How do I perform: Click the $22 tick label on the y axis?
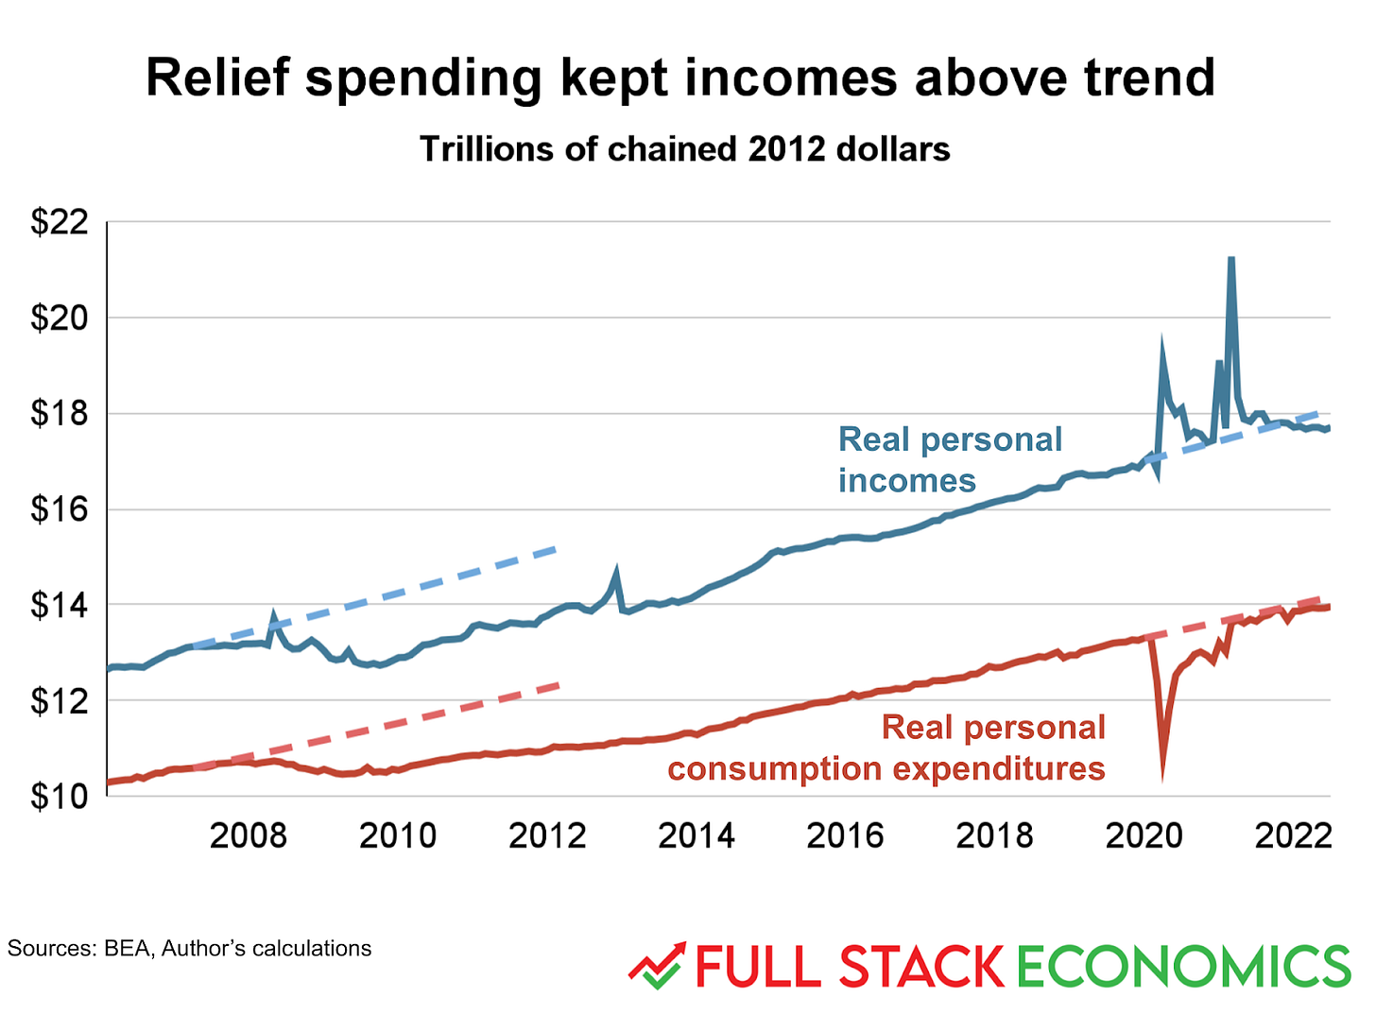59,222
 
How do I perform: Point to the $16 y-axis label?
59,509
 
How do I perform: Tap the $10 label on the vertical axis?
59,797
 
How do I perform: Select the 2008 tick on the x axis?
248,835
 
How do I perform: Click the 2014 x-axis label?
696,835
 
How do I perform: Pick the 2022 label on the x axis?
1292,835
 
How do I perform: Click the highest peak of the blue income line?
1230,258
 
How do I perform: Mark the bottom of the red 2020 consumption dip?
1162,777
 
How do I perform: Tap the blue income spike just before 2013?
616,571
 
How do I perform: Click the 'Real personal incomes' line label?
949,460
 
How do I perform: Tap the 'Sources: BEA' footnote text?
189,948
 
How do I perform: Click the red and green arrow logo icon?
656,966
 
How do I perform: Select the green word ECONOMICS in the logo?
1184,967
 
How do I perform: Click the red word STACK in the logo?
920,967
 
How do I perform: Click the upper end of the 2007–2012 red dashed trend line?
559,684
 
